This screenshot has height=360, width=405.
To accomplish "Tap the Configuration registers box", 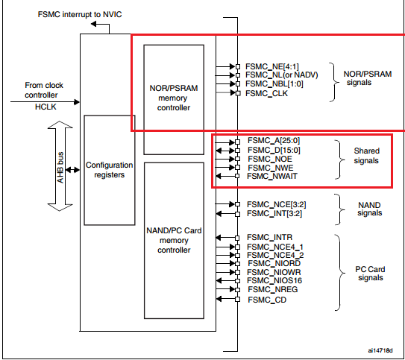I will [x=109, y=169].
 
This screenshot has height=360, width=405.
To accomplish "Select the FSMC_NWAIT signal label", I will [x=271, y=176].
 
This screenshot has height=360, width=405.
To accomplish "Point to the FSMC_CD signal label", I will [x=265, y=300].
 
